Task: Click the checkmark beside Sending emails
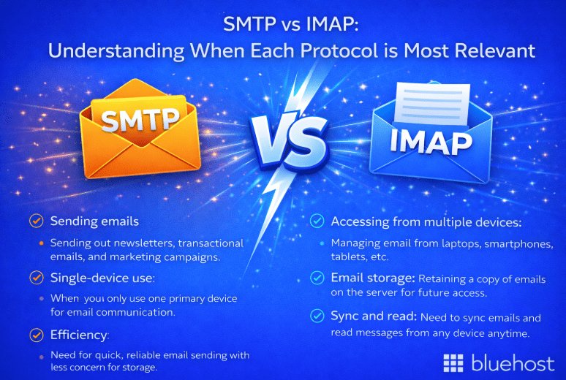[35, 221]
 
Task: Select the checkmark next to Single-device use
[35, 278]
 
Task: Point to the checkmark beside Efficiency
[35, 335]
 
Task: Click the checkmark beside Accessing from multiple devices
[317, 221]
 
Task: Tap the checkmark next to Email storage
[317, 278]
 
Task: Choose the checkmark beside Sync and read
[317, 316]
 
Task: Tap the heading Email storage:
[374, 278]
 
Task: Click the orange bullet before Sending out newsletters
[42, 243]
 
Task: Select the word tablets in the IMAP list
[348, 256]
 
